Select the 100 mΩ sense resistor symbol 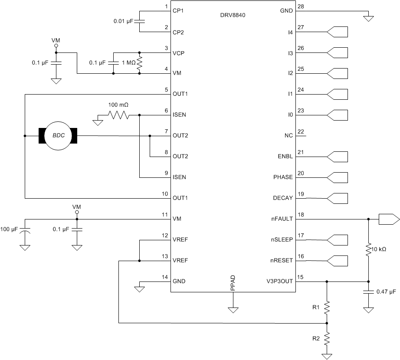(118, 115)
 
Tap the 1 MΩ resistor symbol (140, 63)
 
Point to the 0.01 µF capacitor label (124, 21)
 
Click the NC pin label (289, 136)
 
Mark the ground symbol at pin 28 (368, 18)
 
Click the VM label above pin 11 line (77, 207)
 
